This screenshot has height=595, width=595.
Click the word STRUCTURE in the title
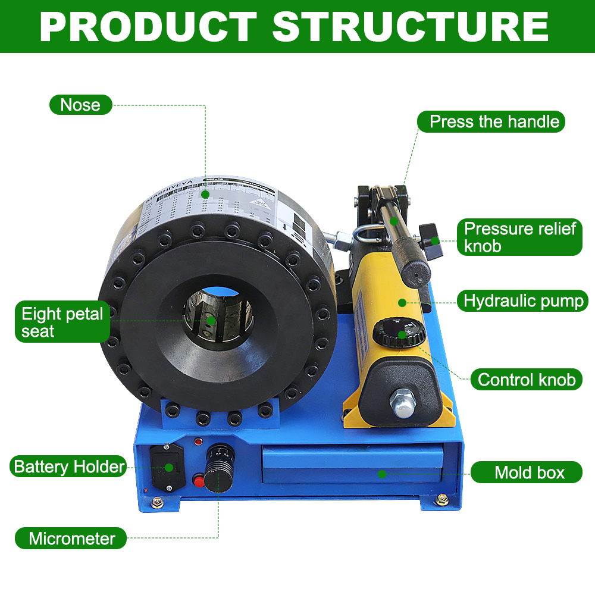point(410,26)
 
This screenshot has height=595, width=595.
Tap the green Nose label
point(80,105)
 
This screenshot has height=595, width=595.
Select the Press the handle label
point(494,122)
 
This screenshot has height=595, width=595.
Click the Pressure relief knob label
point(519,237)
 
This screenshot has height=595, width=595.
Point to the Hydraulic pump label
point(524,300)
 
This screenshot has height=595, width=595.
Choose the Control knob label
point(526,379)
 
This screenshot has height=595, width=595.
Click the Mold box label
point(529,473)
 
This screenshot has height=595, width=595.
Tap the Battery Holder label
point(69,466)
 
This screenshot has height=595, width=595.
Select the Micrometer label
point(71,538)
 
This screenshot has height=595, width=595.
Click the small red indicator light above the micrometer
point(198,441)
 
